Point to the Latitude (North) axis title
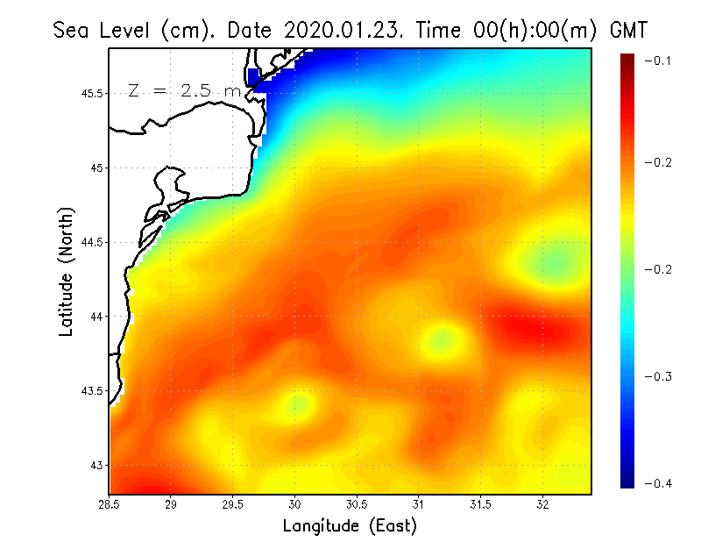click(x=67, y=272)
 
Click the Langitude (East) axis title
click(x=350, y=525)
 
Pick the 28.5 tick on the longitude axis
click(x=110, y=504)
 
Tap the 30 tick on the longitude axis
click(x=295, y=504)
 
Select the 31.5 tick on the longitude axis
click(x=481, y=504)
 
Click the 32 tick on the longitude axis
click(x=542, y=504)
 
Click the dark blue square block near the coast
click(x=255, y=76)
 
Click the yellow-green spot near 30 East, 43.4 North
click(x=296, y=404)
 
